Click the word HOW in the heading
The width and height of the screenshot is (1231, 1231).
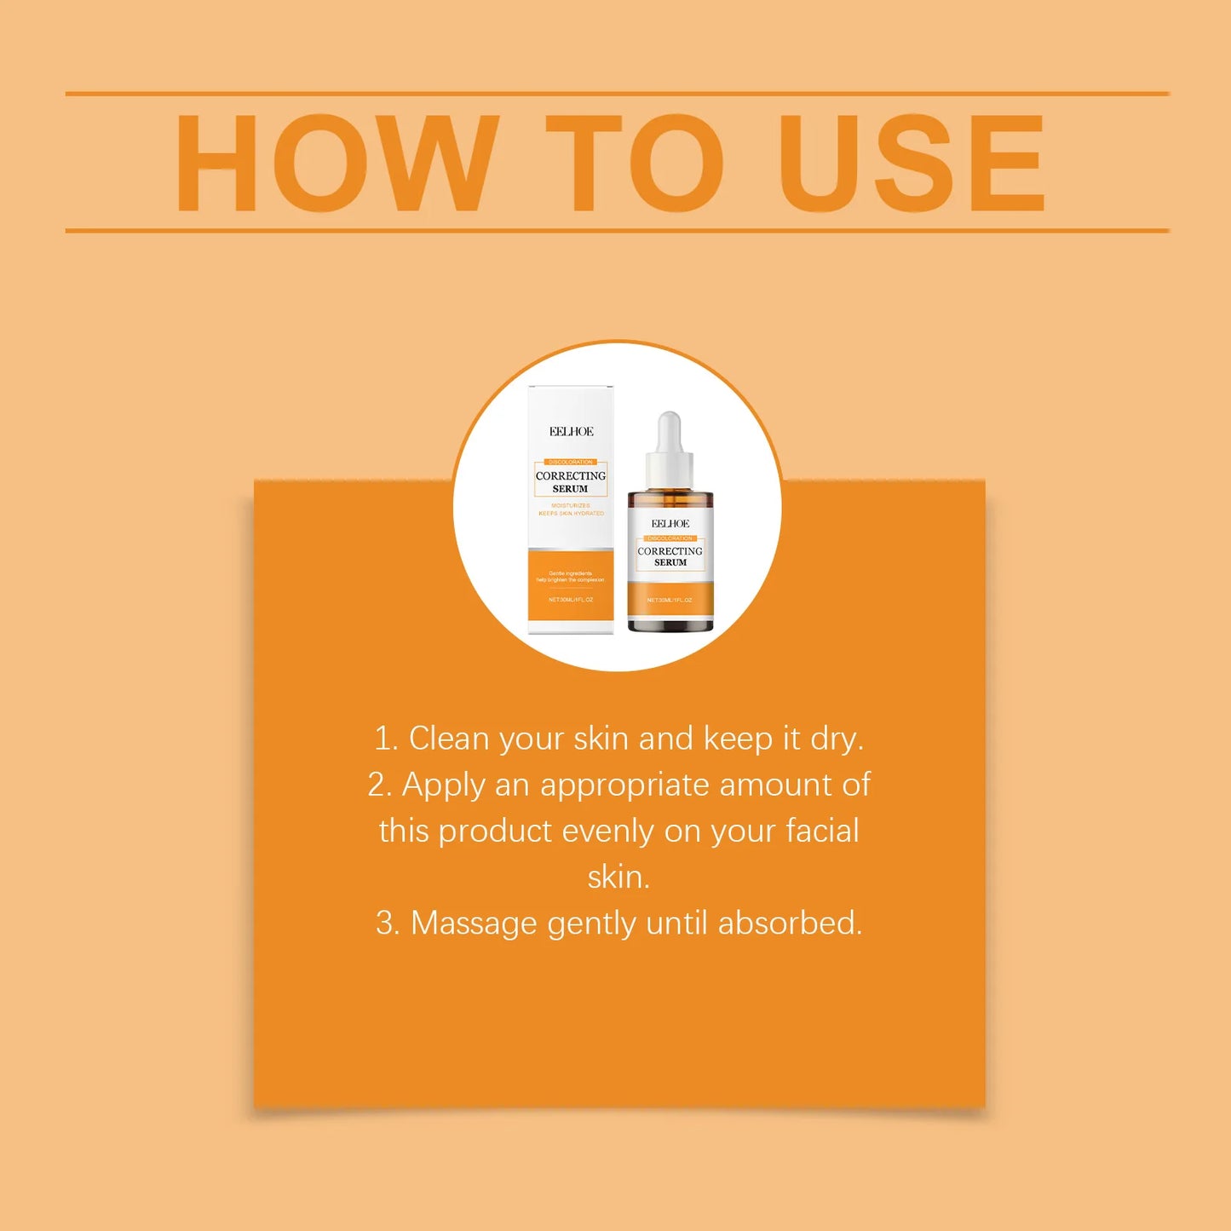(x=336, y=163)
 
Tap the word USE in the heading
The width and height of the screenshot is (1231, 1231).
(x=911, y=163)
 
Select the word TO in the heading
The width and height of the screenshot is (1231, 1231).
(x=635, y=163)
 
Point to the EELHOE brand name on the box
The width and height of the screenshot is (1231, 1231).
(x=571, y=432)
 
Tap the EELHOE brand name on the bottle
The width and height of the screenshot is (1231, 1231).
(x=670, y=524)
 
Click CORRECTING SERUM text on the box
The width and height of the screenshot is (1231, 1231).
(x=571, y=482)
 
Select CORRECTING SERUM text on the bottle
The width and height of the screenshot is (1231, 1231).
(x=670, y=556)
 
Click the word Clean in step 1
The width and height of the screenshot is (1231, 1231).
(x=449, y=739)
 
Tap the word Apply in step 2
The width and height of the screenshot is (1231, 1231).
(x=443, y=785)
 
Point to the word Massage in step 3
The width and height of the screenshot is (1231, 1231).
(x=474, y=923)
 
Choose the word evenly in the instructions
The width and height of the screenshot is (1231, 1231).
(x=608, y=831)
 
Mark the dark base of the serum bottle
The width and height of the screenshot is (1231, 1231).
(x=670, y=626)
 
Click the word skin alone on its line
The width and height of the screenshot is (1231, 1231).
(x=618, y=877)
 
